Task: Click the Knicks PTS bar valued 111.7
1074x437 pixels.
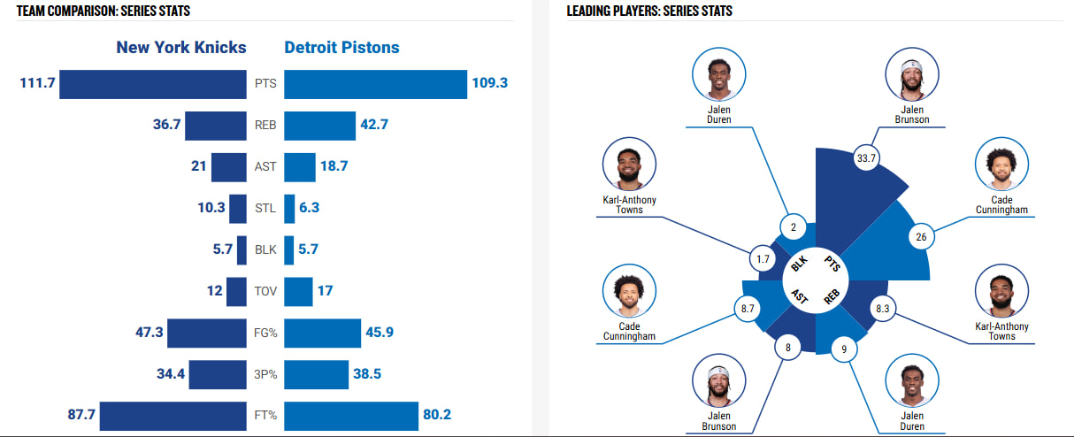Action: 152,83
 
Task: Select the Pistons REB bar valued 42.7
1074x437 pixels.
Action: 319,125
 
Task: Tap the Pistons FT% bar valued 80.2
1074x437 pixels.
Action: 351,416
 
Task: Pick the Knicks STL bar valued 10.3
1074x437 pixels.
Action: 237,209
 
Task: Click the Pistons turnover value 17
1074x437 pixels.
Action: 325,290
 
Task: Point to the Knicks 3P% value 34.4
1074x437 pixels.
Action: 170,373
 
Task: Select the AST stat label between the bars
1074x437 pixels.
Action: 265,166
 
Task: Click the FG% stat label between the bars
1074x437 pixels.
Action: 265,333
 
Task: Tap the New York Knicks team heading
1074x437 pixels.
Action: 181,47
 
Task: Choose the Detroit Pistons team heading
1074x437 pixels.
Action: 341,47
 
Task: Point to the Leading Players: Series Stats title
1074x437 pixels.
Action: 649,11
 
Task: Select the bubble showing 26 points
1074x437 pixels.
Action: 922,237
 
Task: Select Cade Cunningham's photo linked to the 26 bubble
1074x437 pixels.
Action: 1001,165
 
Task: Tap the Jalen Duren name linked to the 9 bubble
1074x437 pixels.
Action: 912,421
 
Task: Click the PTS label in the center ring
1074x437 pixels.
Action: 832,262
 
